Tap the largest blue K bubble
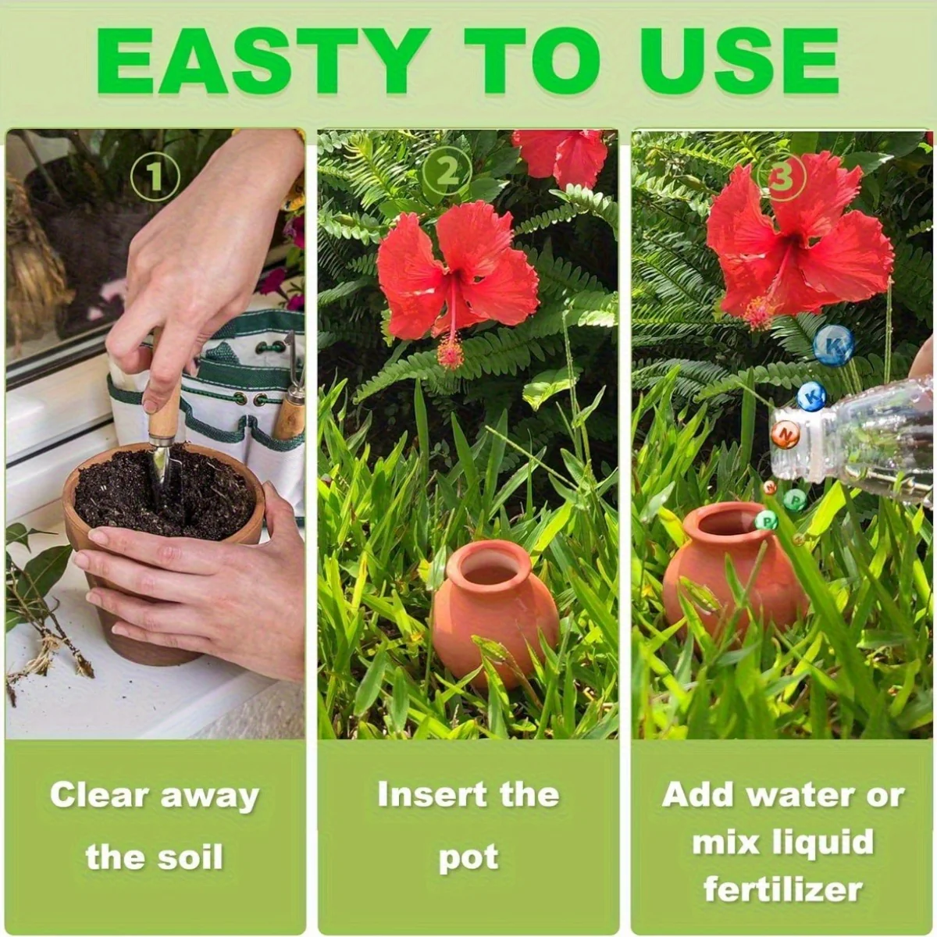834,345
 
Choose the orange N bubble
786,434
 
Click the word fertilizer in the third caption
782,889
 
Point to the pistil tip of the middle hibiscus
451,355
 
